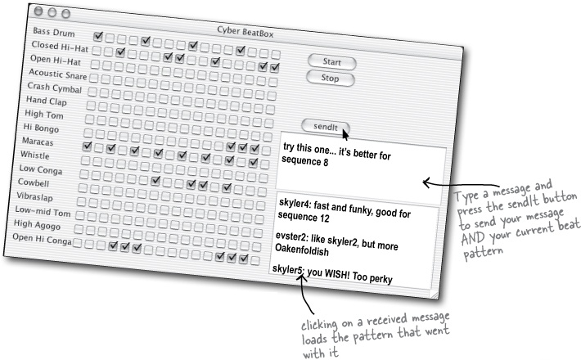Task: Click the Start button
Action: pos(331,62)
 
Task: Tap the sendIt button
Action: pos(326,127)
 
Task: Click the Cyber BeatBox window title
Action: pos(245,32)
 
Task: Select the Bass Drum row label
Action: pos(54,32)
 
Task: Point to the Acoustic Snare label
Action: pos(58,74)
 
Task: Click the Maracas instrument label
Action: pos(38,142)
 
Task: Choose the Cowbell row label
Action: pos(34,182)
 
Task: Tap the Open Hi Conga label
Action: pos(42,239)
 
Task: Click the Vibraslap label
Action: pos(34,196)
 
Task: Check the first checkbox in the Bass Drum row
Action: pos(98,36)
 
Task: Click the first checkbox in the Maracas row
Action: pos(87,146)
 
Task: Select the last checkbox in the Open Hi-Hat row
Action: pos(275,68)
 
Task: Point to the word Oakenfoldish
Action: pos(302,250)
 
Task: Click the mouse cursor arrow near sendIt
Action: pos(345,134)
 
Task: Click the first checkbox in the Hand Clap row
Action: pos(91,106)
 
